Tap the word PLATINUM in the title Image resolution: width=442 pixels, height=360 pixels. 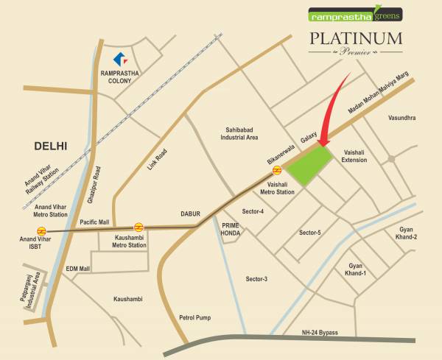[354, 38]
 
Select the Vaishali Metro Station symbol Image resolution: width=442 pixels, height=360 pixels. [277, 173]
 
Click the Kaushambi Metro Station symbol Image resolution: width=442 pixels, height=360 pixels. [138, 227]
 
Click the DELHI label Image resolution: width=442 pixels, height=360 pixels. [51, 146]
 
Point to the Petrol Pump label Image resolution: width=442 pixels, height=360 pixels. [195, 318]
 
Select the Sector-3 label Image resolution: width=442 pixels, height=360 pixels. [256, 279]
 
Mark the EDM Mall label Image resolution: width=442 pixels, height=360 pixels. [77, 269]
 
